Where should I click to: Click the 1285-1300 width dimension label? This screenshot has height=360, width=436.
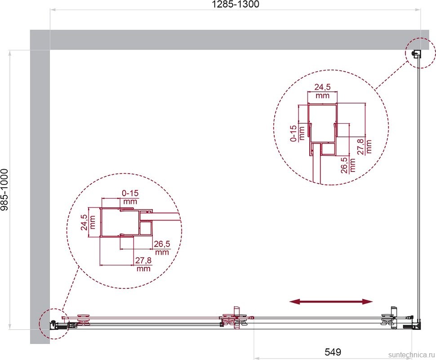tap(235, 4)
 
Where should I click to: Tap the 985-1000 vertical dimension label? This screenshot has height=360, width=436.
tap(5, 189)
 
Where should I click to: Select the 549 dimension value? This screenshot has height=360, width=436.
tap(333, 352)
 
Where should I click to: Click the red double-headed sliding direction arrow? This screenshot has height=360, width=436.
tap(331, 301)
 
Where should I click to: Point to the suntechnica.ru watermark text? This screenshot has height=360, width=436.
tap(411, 355)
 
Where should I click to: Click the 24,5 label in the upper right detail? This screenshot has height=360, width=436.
tap(323, 87)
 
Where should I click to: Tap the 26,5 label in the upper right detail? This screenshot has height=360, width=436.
tap(344, 165)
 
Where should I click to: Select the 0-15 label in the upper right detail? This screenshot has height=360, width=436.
tap(294, 133)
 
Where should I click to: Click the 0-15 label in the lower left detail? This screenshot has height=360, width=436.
tap(130, 193)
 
